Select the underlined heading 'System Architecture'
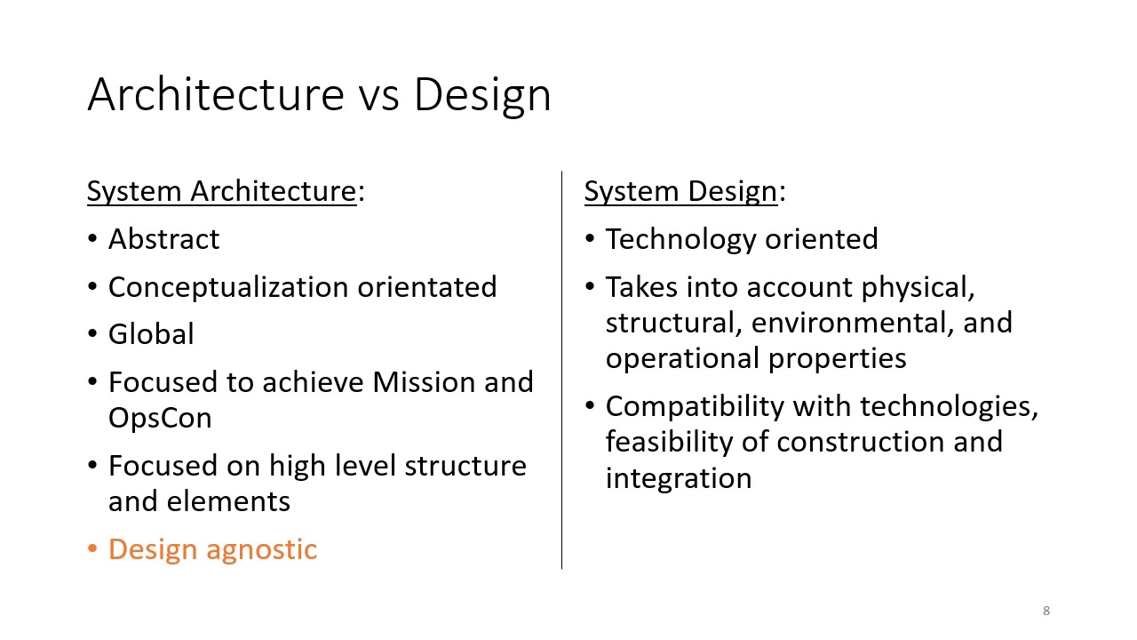pos(221,191)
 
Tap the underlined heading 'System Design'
pos(680,191)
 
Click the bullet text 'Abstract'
pos(163,239)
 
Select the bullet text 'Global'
pos(151,334)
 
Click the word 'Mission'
pos(417,382)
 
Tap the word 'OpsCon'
pos(160,418)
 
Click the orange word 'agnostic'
pos(262,549)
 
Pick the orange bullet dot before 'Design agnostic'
pos(93,549)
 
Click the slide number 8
pos(1046,611)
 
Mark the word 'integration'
pos(679,478)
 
